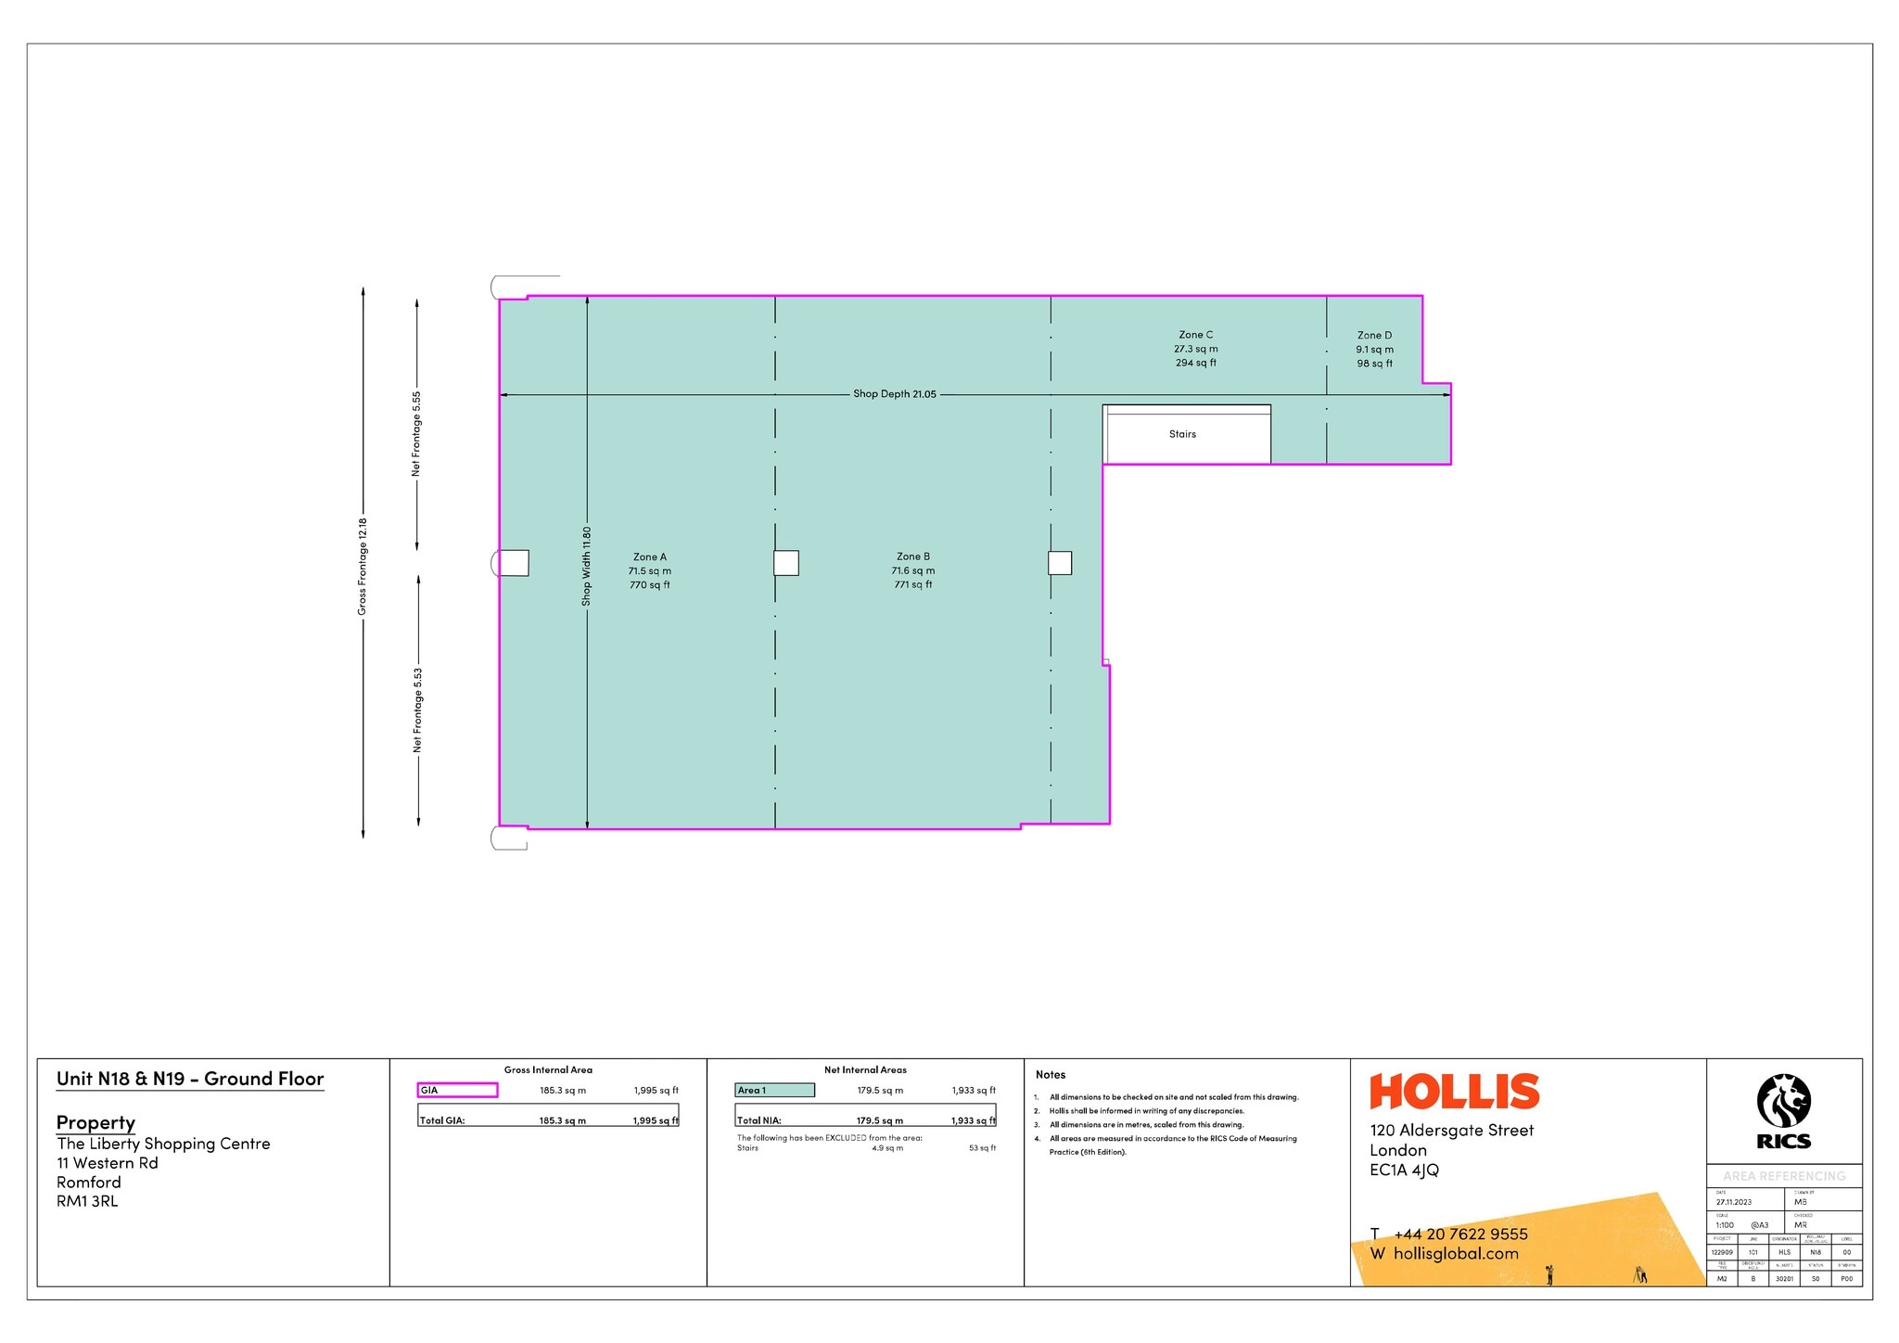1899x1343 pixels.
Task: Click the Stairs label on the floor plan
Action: click(x=1182, y=434)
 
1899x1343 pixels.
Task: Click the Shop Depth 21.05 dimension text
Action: click(x=895, y=394)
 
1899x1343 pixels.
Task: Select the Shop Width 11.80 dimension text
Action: click(x=586, y=567)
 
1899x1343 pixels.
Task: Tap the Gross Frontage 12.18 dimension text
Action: click(x=363, y=566)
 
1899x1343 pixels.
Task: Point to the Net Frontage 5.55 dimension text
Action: click(x=416, y=433)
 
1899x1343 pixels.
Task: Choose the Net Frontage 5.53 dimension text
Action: click(x=418, y=710)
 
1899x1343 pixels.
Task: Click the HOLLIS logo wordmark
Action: click(x=1454, y=1092)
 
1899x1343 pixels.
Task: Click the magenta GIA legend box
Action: click(x=458, y=1090)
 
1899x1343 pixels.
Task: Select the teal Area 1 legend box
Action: click(x=775, y=1090)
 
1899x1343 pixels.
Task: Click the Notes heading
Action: click(x=1051, y=1075)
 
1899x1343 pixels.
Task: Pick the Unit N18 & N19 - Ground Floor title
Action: click(x=190, y=1079)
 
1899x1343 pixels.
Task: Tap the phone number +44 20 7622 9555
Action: click(x=1460, y=1234)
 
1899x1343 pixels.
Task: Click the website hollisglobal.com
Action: click(x=1456, y=1254)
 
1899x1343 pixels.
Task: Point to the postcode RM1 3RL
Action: click(x=87, y=1201)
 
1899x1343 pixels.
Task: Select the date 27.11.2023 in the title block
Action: click(x=1734, y=1202)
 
